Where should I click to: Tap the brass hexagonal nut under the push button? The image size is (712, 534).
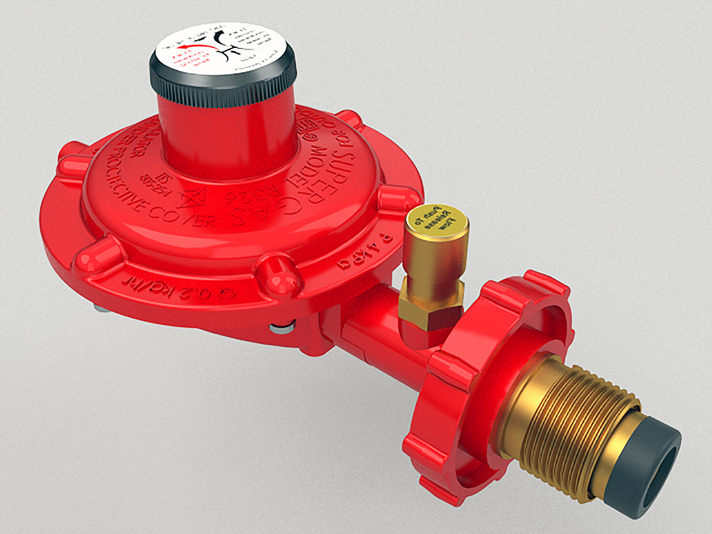(430, 304)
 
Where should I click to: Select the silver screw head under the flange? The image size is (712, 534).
(280, 328)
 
